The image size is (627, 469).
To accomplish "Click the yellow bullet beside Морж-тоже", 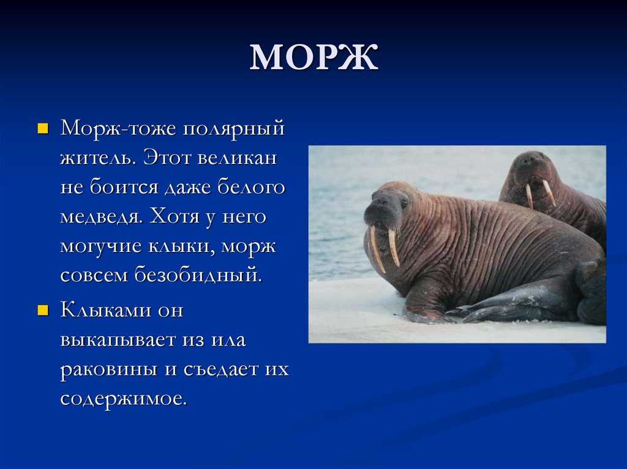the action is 43,128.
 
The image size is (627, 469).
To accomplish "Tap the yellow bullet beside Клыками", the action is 43,311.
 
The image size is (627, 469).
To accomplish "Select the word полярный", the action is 233,129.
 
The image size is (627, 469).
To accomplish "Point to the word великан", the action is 237,157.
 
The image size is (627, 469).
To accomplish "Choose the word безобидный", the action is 198,275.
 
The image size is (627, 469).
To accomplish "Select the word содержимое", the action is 124,399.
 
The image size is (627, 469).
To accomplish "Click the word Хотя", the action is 175,217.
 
